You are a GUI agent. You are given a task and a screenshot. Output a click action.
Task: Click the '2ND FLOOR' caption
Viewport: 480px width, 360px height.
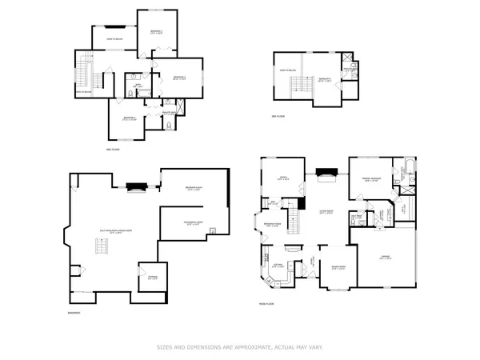pos(114,149)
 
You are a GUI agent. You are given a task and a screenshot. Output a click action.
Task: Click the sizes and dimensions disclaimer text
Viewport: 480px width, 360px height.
pos(239,347)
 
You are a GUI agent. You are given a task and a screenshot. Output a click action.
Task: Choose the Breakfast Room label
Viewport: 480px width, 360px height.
pos(272,224)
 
